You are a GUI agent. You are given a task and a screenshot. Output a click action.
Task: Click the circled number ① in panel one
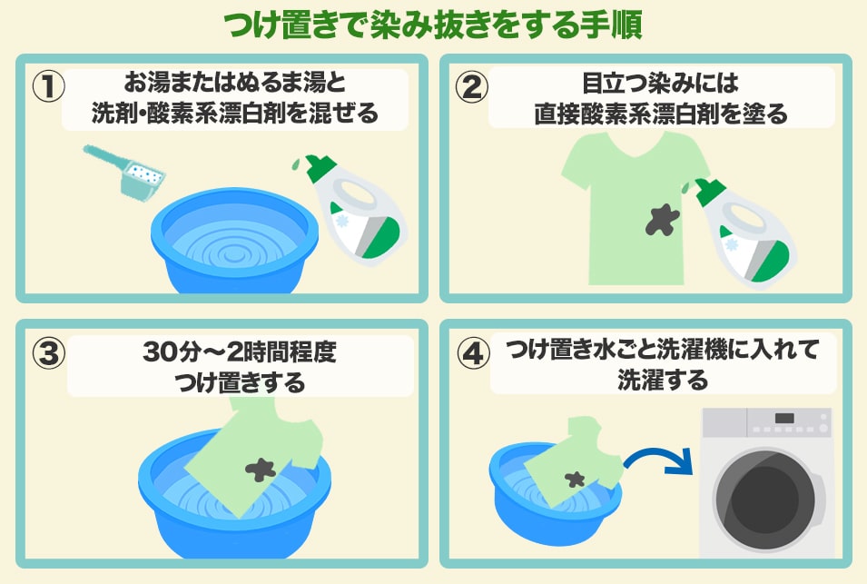[49, 87]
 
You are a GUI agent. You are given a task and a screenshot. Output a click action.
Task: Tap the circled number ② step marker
[472, 88]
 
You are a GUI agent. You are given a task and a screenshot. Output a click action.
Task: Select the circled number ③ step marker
[49, 353]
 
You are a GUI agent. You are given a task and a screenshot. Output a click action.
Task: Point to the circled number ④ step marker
[473, 353]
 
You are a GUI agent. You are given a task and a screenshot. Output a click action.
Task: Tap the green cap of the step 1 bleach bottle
[320, 167]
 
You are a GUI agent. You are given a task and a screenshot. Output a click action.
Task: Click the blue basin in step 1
[234, 242]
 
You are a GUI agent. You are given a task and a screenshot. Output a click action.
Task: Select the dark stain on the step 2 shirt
[662, 219]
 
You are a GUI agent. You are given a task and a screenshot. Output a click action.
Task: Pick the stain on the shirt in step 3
[261, 470]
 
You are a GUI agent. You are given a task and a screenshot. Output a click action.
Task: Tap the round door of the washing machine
[766, 500]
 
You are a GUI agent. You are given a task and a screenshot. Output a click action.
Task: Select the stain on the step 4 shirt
[575, 479]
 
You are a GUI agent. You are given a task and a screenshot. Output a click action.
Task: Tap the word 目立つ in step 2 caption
[616, 84]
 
